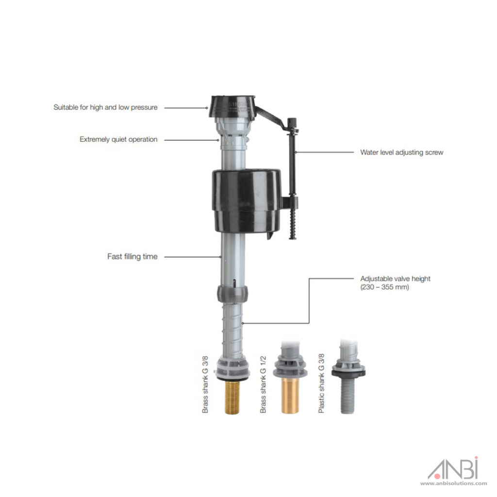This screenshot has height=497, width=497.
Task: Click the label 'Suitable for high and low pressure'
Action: [x=105, y=107]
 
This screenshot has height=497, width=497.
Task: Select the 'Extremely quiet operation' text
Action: [x=118, y=139]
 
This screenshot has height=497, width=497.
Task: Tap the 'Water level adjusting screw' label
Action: [x=401, y=152]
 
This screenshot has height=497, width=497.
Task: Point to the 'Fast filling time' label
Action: [x=132, y=256]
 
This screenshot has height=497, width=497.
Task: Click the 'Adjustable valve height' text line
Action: [x=395, y=279]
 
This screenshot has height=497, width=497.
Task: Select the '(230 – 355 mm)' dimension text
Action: [x=384, y=287]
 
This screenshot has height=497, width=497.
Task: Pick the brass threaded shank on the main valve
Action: [x=234, y=398]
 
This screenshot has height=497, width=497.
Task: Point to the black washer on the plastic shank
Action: [x=348, y=372]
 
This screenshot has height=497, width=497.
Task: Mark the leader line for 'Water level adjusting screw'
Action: [x=325, y=152]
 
